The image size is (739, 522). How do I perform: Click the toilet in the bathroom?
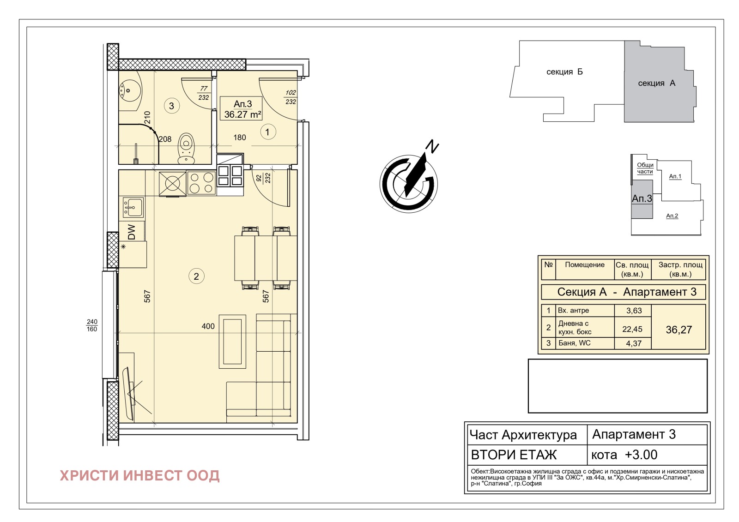(187, 149)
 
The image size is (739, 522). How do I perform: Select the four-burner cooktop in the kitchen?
(201, 183)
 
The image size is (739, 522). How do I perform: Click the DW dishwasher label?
(131, 232)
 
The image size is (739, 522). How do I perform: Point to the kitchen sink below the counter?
(133, 207)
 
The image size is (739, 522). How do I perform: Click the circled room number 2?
(196, 276)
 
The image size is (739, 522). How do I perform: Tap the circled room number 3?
(171, 106)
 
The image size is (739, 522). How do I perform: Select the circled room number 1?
(267, 132)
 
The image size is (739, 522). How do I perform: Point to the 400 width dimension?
(208, 326)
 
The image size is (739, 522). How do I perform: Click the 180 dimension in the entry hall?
(240, 137)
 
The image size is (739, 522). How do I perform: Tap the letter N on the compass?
(432, 146)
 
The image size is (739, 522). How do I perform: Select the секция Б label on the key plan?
(564, 72)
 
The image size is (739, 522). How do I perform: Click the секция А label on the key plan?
(656, 83)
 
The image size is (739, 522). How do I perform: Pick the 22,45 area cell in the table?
(632, 329)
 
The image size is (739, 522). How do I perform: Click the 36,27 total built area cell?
(678, 330)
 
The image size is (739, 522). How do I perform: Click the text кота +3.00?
(624, 455)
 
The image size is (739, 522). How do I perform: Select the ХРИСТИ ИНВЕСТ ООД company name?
(139, 475)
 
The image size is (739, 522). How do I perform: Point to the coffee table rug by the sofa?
(232, 341)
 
